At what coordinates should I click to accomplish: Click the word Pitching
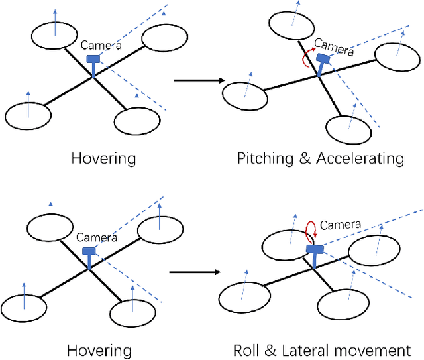coord(264,158)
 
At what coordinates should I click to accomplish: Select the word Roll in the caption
coord(246,351)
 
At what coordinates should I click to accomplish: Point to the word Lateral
coord(301,351)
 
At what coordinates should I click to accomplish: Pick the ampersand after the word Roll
coord(270,351)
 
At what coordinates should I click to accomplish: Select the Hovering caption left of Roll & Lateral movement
coord(100,351)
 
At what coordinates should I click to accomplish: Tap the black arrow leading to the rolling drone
coord(194,272)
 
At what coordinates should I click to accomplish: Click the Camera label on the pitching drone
coord(334,46)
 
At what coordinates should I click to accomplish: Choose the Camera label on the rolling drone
coord(341,225)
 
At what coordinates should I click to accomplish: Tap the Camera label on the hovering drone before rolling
coord(97,237)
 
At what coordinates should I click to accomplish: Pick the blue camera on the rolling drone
coord(315,249)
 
